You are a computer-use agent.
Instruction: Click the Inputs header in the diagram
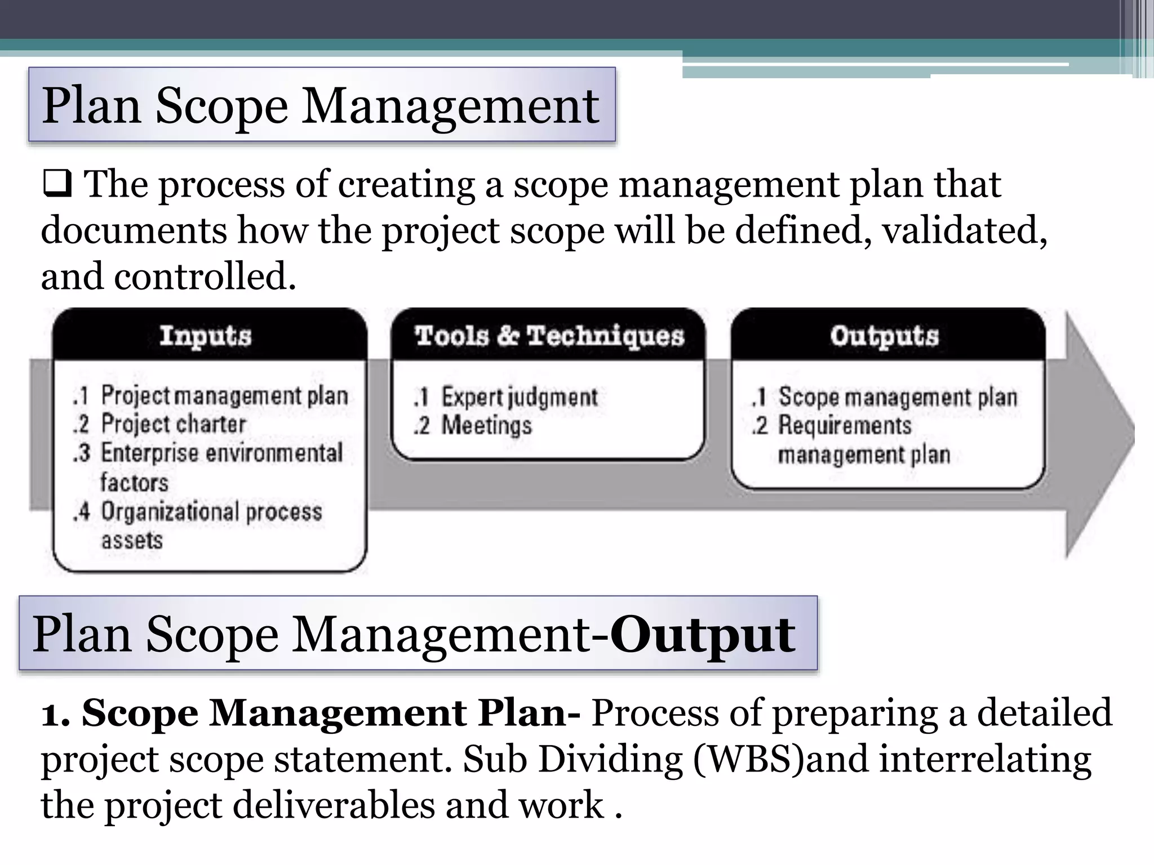[x=205, y=336]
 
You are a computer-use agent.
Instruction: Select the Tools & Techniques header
[x=549, y=336]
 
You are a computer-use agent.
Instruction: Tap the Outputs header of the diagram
[x=884, y=336]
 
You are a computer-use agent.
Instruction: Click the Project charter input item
[x=173, y=424]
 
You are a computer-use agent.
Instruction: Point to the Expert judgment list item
[x=518, y=397]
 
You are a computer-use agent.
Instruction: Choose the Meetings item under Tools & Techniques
[x=486, y=425]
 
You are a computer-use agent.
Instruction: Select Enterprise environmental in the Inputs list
[x=221, y=453]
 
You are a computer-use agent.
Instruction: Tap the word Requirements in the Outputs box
[x=844, y=425]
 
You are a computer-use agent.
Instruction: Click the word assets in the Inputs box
[x=132, y=541]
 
